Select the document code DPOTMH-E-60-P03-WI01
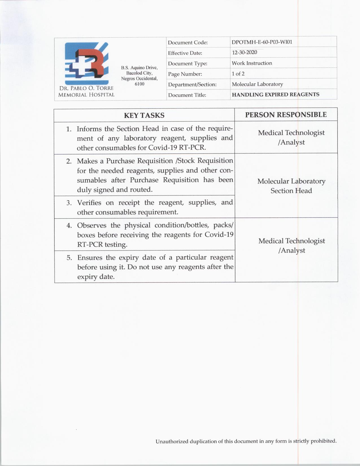pos(262,42)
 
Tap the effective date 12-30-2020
pos(245,53)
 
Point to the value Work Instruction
pos(252,63)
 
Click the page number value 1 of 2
pos(238,74)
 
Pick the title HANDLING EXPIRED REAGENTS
pos(275,95)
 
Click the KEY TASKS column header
pos(144,115)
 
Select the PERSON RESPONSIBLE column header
pos(286,115)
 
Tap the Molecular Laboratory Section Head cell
pos(291,186)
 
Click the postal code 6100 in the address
pos(139,84)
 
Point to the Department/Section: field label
pos(192,84)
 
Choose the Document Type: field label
pos(187,64)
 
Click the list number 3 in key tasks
pos(69,203)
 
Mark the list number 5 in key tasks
pos(69,258)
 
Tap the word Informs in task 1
pos(89,129)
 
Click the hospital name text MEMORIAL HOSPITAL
pos(86,95)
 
